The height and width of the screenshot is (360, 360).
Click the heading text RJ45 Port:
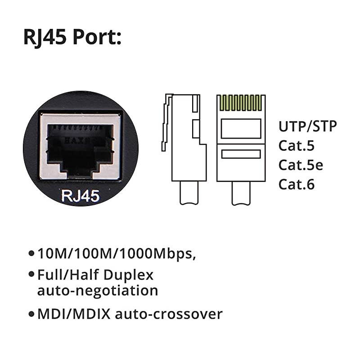72,38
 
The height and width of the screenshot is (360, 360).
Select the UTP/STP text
307,126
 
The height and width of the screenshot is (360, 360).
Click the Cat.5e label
301,165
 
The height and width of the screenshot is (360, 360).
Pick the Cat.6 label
297,184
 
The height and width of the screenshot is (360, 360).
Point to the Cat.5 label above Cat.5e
297,146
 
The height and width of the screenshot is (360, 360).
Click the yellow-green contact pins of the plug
241,103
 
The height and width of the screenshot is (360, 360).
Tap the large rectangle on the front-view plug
241,128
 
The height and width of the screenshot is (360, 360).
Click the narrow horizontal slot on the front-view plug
241,154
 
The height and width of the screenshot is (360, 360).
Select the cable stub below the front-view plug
241,193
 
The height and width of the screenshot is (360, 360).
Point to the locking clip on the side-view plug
166,121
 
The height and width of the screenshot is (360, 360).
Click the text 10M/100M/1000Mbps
116,254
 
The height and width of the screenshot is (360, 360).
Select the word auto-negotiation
97,290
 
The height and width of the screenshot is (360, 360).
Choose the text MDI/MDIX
74,314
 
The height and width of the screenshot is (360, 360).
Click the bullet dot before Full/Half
31,274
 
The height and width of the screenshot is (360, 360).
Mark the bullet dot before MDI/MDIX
31,314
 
